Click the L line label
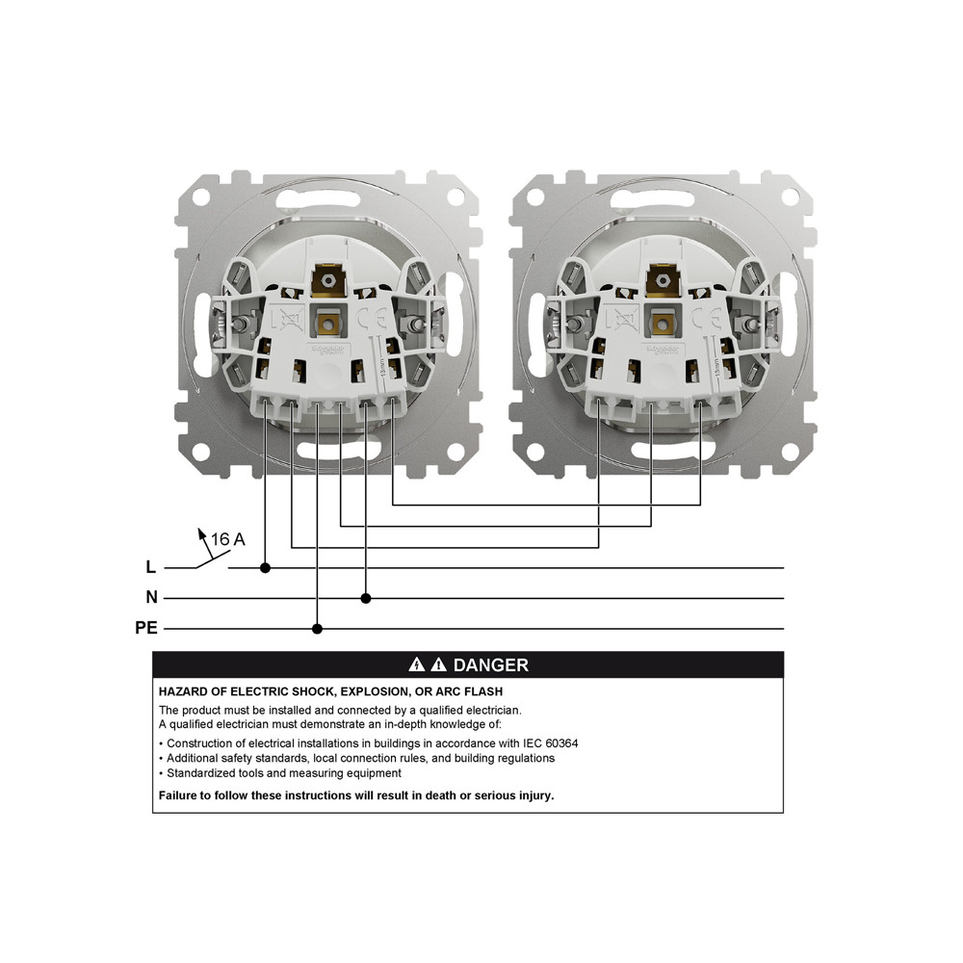150,567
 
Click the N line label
152,597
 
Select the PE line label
146,628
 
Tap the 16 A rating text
228,539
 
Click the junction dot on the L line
266,568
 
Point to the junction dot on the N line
366,598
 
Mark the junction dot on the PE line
317,629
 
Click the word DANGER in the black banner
491,665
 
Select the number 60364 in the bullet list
561,743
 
